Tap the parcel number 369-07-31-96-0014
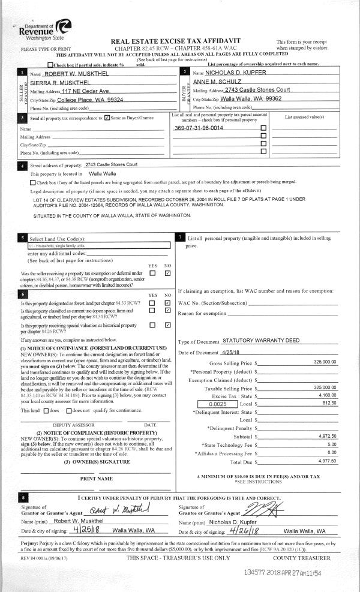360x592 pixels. tap(199, 128)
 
